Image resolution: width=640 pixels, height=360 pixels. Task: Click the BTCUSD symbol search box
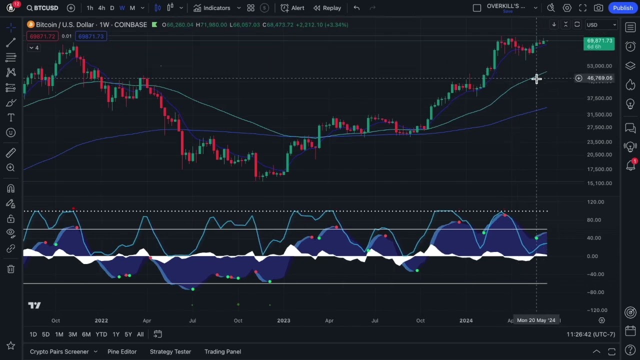pyautogui.click(x=43, y=8)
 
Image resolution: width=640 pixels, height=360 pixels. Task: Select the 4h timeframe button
pyautogui.click(x=101, y=8)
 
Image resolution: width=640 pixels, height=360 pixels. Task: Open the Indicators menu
pyautogui.click(x=211, y=8)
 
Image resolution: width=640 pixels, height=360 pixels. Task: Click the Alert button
pyautogui.click(x=292, y=8)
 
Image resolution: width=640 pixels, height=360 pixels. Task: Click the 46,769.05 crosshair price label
pyautogui.click(x=599, y=78)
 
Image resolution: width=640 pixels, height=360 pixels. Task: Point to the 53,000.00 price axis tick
pyautogui.click(x=599, y=66)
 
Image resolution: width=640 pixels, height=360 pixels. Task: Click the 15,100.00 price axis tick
pyautogui.click(x=599, y=183)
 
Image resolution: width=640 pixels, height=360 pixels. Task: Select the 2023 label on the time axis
pyautogui.click(x=283, y=320)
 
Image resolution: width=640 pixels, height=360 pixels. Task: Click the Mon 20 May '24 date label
pyautogui.click(x=536, y=320)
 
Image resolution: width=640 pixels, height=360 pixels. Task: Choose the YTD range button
pyautogui.click(x=101, y=334)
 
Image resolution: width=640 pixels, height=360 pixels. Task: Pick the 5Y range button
pyautogui.click(x=128, y=334)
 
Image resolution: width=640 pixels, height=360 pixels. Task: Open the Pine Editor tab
pyautogui.click(x=122, y=351)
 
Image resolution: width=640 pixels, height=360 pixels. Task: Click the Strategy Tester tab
pyautogui.click(x=170, y=351)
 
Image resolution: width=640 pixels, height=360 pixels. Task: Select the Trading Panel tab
pyautogui.click(x=222, y=351)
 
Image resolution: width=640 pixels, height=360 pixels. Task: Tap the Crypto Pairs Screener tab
pyautogui.click(x=59, y=351)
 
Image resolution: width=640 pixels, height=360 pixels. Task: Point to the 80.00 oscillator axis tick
pyautogui.click(x=594, y=220)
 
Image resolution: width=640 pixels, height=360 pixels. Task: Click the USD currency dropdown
pyautogui.click(x=600, y=25)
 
